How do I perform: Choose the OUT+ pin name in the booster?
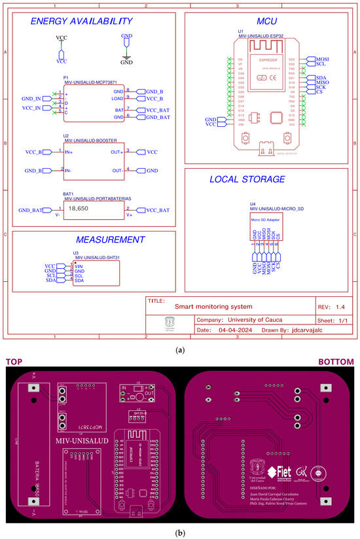tap(117, 152)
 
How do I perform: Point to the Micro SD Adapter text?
tap(264, 220)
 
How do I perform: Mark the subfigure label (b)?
tap(180, 532)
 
